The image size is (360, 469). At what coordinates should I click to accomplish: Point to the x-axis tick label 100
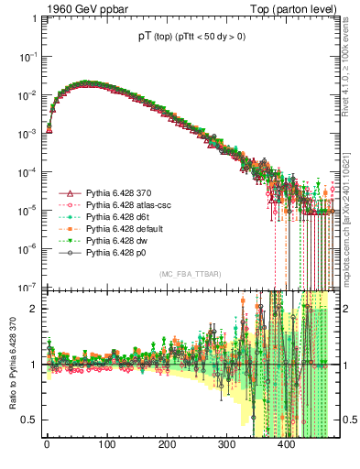[x=106, y=444]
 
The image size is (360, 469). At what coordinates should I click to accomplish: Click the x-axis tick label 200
[x=166, y=444]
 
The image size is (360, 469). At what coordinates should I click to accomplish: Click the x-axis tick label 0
[x=47, y=444]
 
